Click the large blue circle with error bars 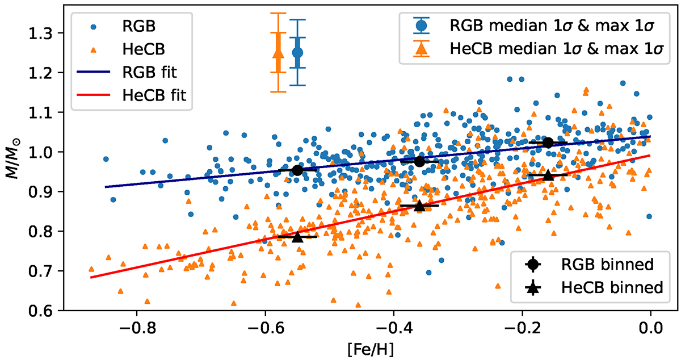[297, 52]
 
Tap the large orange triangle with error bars [278, 53]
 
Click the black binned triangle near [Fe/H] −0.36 [419, 206]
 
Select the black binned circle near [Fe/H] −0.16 [548, 143]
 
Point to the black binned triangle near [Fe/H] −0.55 [298, 236]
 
